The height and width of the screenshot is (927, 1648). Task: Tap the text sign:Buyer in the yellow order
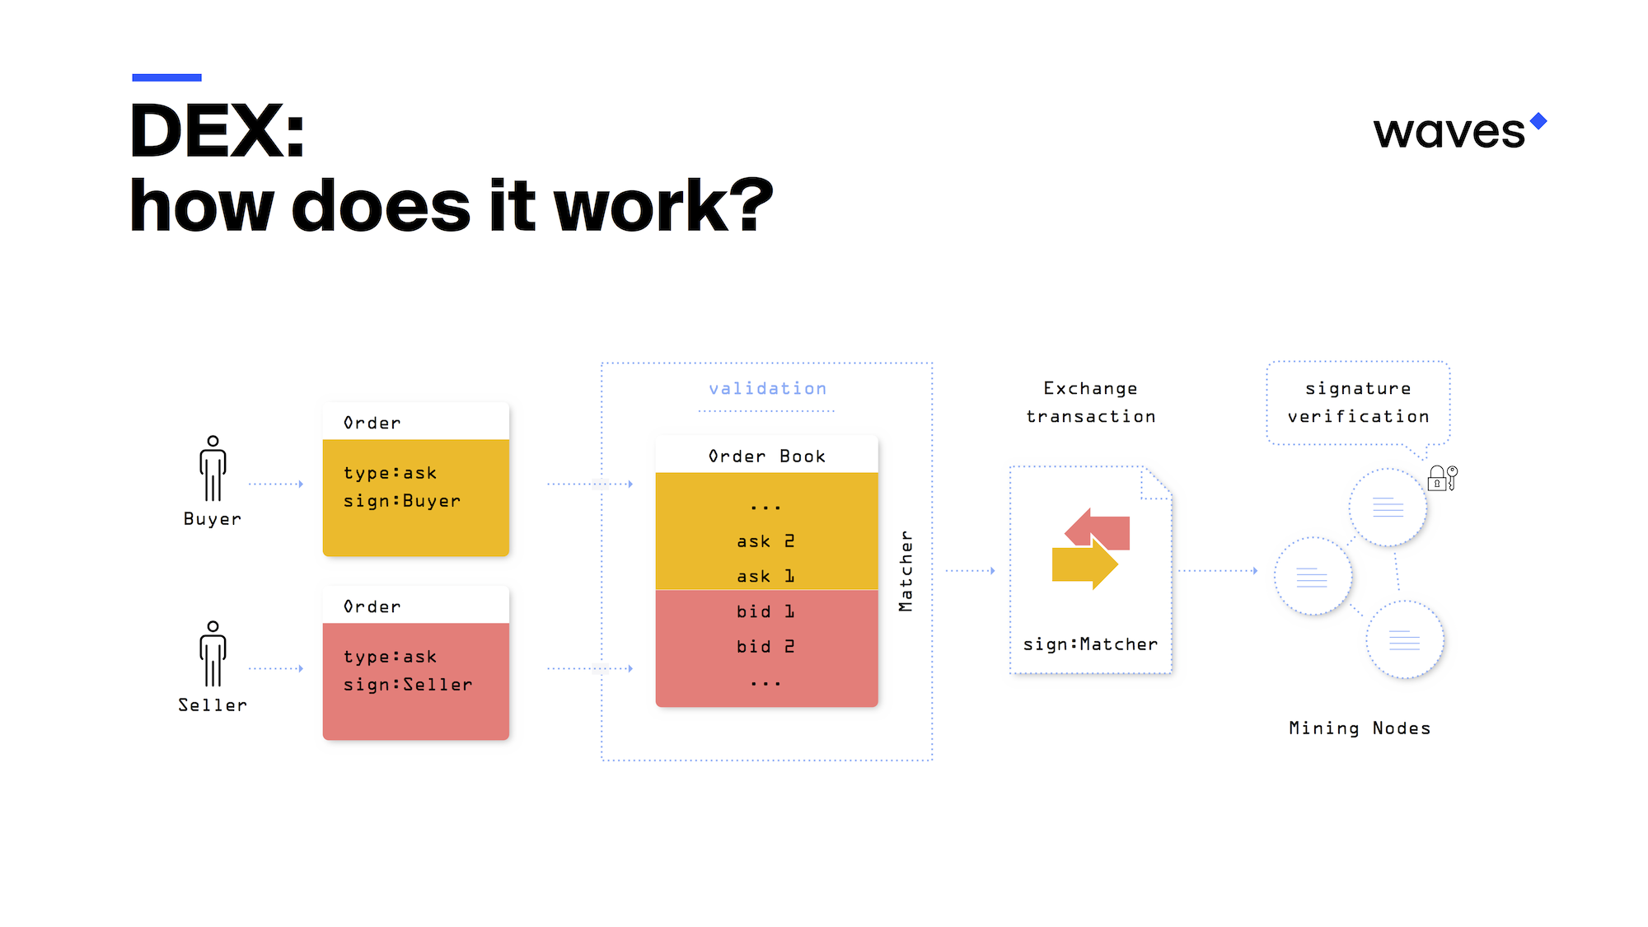402,501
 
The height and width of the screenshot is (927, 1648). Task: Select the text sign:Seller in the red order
408,685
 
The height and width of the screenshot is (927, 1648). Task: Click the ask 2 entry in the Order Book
765,541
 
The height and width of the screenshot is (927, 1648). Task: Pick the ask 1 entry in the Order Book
765,576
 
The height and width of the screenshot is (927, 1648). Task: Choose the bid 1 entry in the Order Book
765,611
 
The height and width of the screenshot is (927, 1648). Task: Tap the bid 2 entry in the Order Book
765,647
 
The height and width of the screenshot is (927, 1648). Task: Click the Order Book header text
767,456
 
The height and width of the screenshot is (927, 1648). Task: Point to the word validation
768,388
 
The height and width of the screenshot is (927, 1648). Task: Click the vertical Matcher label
906,571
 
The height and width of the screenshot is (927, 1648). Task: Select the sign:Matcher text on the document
1090,644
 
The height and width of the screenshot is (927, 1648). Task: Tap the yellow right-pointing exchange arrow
1084,563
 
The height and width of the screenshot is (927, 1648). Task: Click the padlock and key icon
1443,478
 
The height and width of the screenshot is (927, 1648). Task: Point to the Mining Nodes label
1360,728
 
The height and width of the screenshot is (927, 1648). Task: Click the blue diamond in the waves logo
1538,121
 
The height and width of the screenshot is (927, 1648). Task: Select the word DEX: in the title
218,130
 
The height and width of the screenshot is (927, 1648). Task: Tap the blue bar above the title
166,77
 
